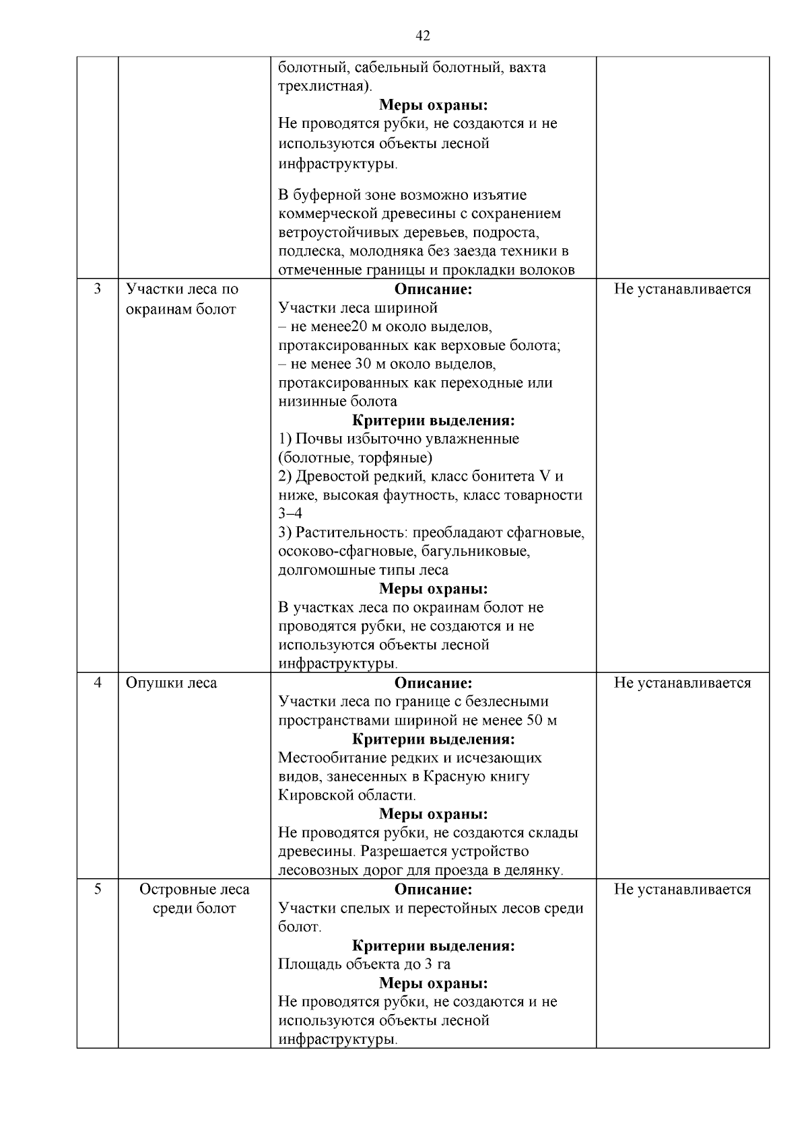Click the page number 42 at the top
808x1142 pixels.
tap(423, 36)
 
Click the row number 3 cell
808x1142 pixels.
tap(98, 289)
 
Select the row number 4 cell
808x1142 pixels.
tap(98, 682)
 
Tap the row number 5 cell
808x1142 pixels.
tap(98, 889)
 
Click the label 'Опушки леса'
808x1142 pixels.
tap(171, 682)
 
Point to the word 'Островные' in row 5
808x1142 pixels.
tap(170, 889)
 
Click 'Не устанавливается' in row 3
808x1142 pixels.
tap(682, 289)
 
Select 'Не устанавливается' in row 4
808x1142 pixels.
tap(682, 682)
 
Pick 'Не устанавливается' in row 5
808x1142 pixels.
tap(682, 889)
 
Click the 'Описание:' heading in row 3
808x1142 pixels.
tap(433, 289)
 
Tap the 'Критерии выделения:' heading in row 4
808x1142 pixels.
tap(433, 739)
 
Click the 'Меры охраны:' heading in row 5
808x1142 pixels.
tap(433, 983)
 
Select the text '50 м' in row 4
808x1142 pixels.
tap(542, 720)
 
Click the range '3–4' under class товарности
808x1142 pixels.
tap(290, 513)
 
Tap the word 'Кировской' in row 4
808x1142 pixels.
tap(310, 795)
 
